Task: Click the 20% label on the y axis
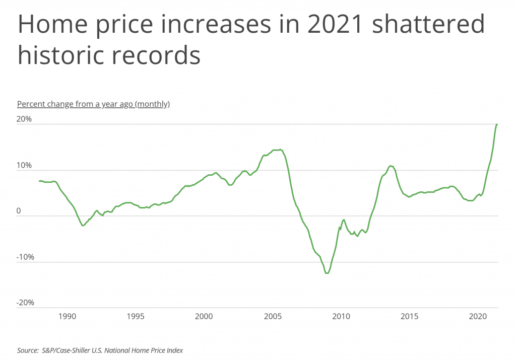pyautogui.click(x=25, y=119)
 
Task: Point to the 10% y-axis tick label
pyautogui.click(x=25, y=165)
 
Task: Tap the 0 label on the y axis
pyautogui.click(x=20, y=211)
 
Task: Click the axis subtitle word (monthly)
pyautogui.click(x=153, y=104)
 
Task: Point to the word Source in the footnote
pyautogui.click(x=28, y=349)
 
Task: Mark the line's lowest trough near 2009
pyautogui.click(x=327, y=273)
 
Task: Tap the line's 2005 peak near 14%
pyautogui.click(x=280, y=150)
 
